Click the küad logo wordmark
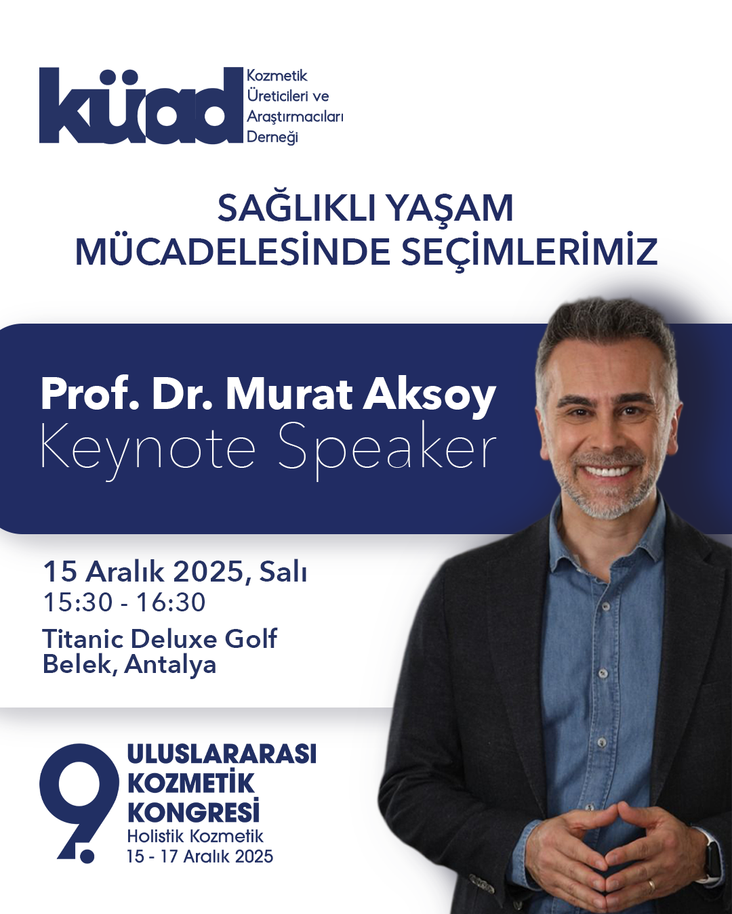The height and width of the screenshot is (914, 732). pos(140,106)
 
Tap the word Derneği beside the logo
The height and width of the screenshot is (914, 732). pos(272,137)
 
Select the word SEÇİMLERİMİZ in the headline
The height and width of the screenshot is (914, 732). pos(529,252)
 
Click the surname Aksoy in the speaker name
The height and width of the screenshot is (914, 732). pos(430,395)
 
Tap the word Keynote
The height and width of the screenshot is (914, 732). pos(148,449)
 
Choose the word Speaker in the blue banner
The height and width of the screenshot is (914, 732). pos(387,449)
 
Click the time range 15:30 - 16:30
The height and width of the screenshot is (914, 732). pos(125,603)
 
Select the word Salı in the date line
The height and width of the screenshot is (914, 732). pos(283,573)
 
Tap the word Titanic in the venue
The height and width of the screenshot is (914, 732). pos(83,638)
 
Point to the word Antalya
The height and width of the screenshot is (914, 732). pos(170,665)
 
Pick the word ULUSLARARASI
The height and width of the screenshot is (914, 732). pos(222,754)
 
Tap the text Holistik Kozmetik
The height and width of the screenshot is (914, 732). pos(195,837)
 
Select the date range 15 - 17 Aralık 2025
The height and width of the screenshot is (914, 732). pos(200,857)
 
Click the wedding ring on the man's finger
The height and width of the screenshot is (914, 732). pos(651,884)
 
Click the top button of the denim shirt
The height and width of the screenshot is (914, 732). pos(607,606)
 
